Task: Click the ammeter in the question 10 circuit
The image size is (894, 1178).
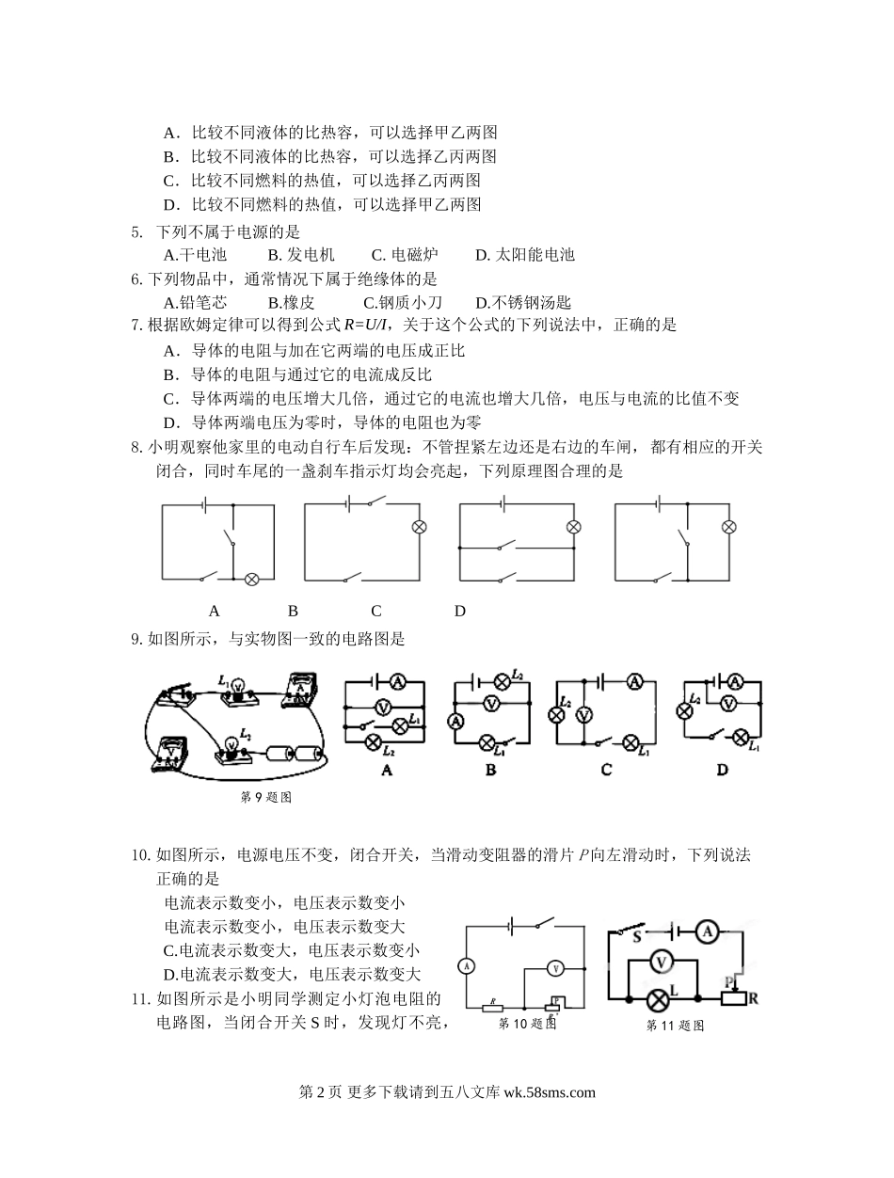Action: pos(464,965)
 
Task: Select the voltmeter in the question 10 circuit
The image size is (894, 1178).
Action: pos(555,967)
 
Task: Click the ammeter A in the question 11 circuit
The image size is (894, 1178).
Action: pos(709,931)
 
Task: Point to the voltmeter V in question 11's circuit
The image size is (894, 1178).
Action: pos(662,961)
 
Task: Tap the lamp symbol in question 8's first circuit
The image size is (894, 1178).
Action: pos(251,579)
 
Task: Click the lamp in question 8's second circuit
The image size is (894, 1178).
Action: pos(420,528)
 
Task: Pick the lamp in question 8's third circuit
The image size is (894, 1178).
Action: pos(573,528)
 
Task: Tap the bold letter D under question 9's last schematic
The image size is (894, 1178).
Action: pos(722,770)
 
